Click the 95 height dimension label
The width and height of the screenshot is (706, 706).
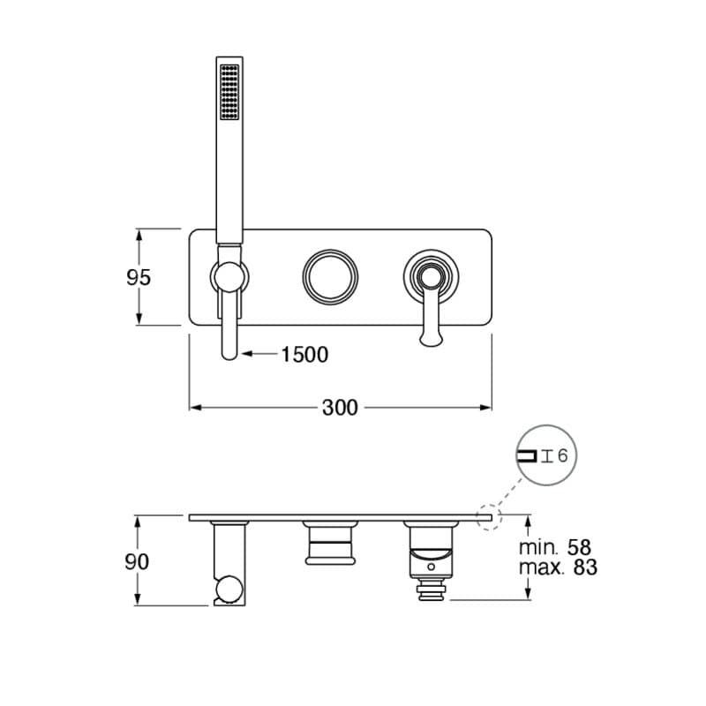[x=139, y=277]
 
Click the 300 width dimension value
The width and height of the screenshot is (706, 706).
[x=340, y=407]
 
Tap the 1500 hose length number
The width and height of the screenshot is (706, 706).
[x=304, y=355]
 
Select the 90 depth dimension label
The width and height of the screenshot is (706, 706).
[x=137, y=561]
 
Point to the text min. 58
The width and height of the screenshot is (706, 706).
[x=557, y=548]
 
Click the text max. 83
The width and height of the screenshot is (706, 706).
[x=558, y=567]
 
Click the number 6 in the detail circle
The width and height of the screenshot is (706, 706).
[x=563, y=455]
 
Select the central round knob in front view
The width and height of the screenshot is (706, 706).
[x=331, y=276]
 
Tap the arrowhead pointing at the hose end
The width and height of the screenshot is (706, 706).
[x=248, y=355]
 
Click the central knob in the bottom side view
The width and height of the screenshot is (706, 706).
[x=331, y=542]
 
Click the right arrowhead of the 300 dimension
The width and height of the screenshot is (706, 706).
[x=486, y=407]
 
